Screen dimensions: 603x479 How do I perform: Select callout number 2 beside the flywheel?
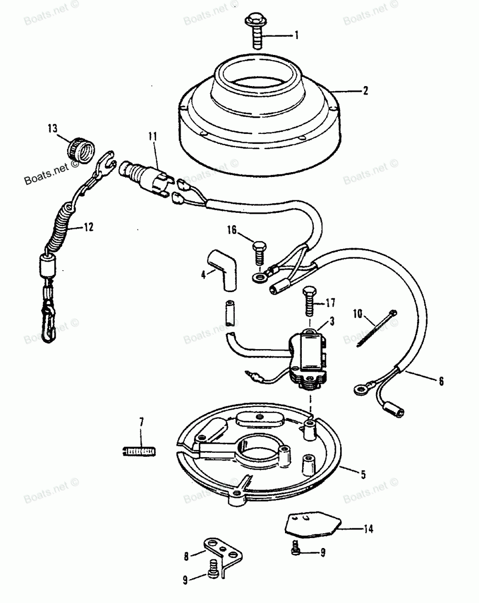click(365, 90)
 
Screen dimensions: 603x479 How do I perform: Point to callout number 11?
click(152, 136)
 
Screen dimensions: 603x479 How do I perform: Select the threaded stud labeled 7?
click(137, 450)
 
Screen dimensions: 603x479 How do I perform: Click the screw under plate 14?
click(296, 549)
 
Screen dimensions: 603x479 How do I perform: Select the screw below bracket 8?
click(214, 580)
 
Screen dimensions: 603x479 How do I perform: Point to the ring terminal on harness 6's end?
click(358, 389)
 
